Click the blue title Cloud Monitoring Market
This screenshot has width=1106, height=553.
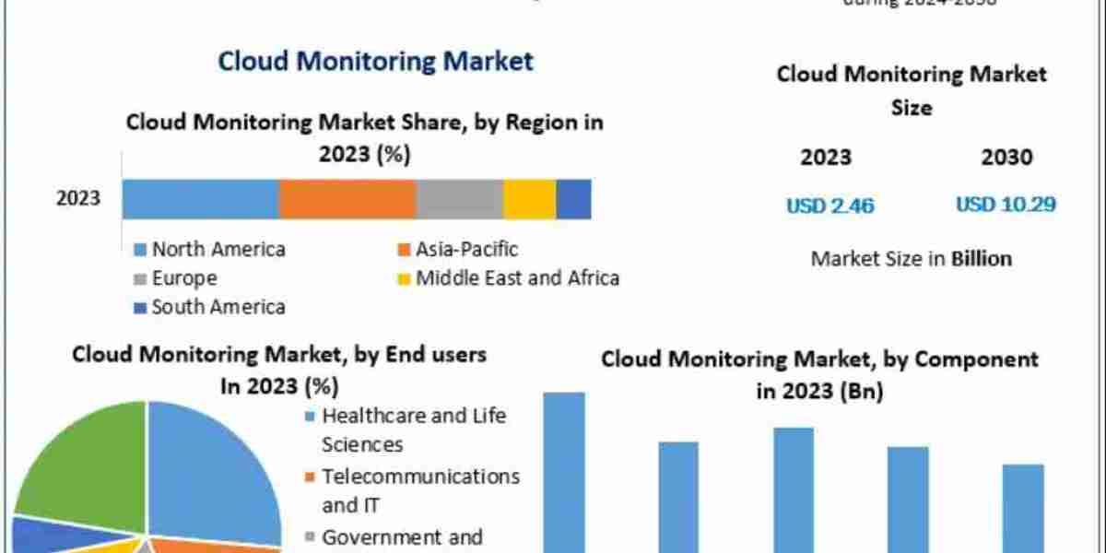coord(375,62)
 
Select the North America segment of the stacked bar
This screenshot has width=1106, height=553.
coord(200,199)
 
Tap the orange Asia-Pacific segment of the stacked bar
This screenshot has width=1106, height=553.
coord(347,199)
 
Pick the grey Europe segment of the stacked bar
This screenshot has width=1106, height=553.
coord(460,199)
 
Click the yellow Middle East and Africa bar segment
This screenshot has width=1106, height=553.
coord(530,199)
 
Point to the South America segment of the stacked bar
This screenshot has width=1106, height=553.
coord(573,199)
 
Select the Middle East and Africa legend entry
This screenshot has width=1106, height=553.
coord(509,277)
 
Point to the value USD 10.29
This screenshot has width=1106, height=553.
coord(1006,205)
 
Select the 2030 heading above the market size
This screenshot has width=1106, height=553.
coord(1006,158)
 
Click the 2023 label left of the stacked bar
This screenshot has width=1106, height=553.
coord(77,199)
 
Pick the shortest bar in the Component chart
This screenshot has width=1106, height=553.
coord(1023,507)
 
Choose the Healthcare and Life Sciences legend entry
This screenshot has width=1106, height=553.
coord(406,429)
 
